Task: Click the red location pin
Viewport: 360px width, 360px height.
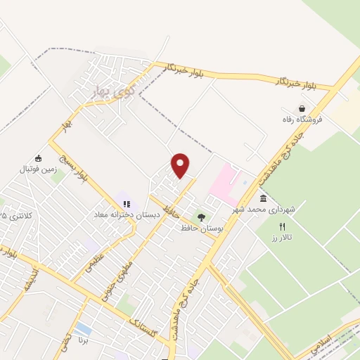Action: [x=181, y=165]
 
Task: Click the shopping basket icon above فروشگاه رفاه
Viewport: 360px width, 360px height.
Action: [x=302, y=109]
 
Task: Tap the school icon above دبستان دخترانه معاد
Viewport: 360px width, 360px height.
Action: [x=127, y=204]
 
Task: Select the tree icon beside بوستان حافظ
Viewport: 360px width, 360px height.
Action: [x=202, y=217]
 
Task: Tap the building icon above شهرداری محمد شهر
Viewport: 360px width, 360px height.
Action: [x=263, y=199]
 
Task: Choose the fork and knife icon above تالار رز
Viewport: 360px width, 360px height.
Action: [x=282, y=226]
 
